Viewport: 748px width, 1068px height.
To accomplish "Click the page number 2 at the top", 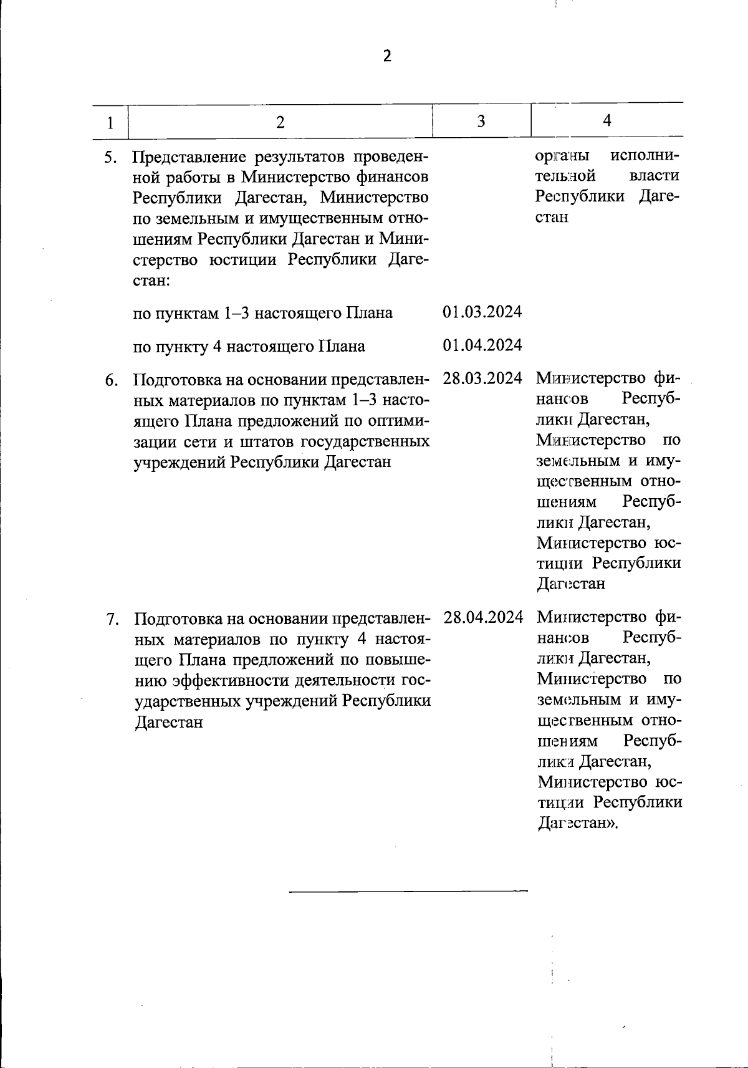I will (387, 56).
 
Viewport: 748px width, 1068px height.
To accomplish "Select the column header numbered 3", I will (481, 121).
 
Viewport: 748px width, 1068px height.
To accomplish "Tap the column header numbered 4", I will (607, 120).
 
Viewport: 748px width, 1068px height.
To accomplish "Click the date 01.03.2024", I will (482, 312).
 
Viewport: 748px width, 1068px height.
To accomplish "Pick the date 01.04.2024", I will (482, 345).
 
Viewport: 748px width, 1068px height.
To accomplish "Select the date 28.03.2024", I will (482, 378).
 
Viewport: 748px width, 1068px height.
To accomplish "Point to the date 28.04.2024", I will (483, 617).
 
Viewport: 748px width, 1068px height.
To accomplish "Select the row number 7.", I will (111, 619).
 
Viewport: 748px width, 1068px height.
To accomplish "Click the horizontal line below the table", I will (408, 891).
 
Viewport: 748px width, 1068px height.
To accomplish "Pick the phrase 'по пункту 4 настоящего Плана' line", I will (249, 346).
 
